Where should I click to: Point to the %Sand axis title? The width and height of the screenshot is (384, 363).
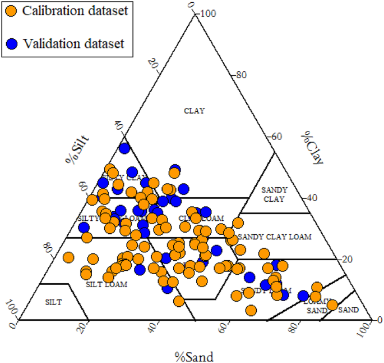point(194,356)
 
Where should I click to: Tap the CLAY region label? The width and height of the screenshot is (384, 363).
point(195,111)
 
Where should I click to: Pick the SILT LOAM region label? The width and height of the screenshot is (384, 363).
point(107,284)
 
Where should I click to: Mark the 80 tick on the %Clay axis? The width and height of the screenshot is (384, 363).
point(241,75)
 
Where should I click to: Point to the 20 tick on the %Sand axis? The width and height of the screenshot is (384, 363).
point(85,328)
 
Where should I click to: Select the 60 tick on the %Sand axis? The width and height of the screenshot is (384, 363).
point(226,328)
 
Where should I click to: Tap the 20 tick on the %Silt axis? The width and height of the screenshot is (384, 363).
point(152,63)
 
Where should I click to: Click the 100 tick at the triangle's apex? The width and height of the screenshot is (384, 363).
point(209,13)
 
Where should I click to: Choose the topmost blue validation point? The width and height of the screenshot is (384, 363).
point(124,148)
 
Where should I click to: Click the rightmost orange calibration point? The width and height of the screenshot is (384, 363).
point(332,305)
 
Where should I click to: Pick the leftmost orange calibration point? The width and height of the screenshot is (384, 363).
point(68,257)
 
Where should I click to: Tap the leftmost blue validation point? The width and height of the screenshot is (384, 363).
point(84,228)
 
